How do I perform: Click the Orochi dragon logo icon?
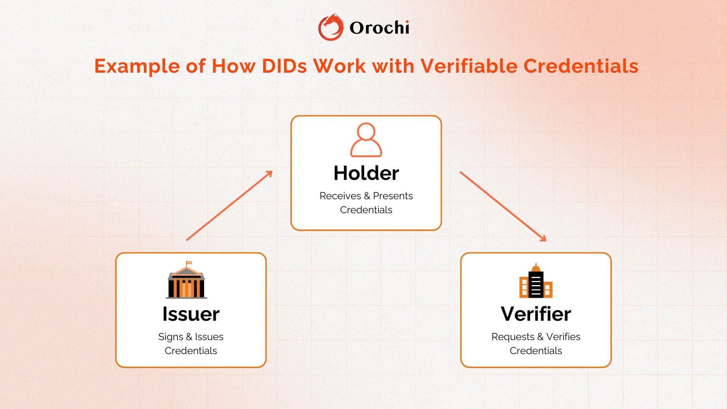point(331,27)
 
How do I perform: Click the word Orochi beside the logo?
point(379,28)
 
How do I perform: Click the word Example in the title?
point(137,67)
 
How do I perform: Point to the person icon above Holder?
point(366,140)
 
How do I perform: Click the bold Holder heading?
point(366,173)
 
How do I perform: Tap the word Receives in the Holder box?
point(340,196)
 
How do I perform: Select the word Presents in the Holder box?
point(393,196)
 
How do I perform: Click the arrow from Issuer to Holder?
point(229,206)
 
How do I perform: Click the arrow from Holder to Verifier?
point(503,206)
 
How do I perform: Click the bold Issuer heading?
point(191,314)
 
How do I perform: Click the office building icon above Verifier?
point(536,281)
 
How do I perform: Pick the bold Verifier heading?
point(536,314)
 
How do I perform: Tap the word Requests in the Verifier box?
point(513,337)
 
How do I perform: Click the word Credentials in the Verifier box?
point(536,351)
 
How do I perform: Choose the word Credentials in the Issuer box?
point(191,351)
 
